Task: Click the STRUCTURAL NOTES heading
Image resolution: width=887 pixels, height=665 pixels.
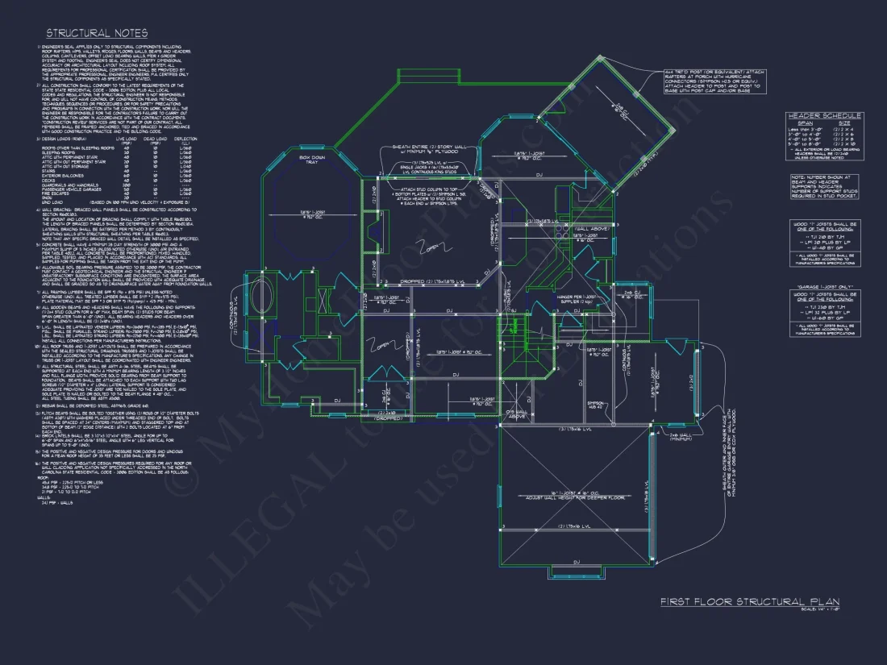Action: click(96, 33)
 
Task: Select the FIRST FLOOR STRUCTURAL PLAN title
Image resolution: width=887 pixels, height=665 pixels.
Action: click(750, 601)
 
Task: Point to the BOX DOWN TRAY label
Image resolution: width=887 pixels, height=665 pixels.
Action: click(312, 160)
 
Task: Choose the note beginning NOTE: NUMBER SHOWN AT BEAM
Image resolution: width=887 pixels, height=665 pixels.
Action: click(825, 186)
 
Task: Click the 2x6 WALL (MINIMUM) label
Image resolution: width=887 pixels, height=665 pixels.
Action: click(682, 436)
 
